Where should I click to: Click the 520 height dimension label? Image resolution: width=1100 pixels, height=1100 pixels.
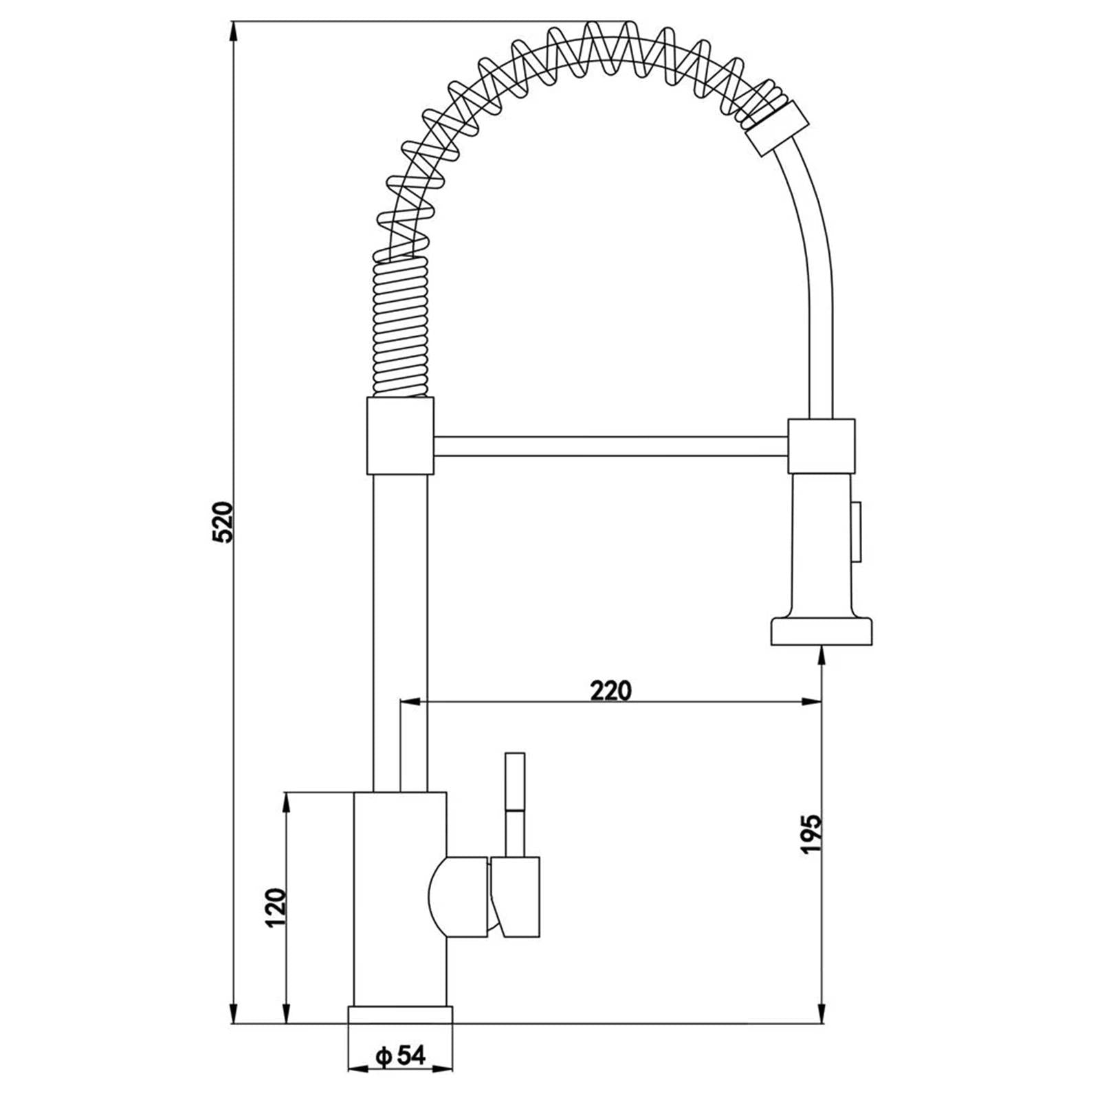click(x=225, y=522)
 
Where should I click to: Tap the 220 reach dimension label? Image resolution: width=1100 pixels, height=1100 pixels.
click(x=610, y=690)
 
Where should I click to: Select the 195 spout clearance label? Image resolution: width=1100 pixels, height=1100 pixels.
click(x=811, y=834)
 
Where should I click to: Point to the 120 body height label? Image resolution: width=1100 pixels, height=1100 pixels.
click(x=275, y=907)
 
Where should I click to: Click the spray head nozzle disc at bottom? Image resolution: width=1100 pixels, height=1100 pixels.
click(x=822, y=631)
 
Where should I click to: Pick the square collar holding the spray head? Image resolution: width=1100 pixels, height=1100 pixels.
click(x=822, y=445)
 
